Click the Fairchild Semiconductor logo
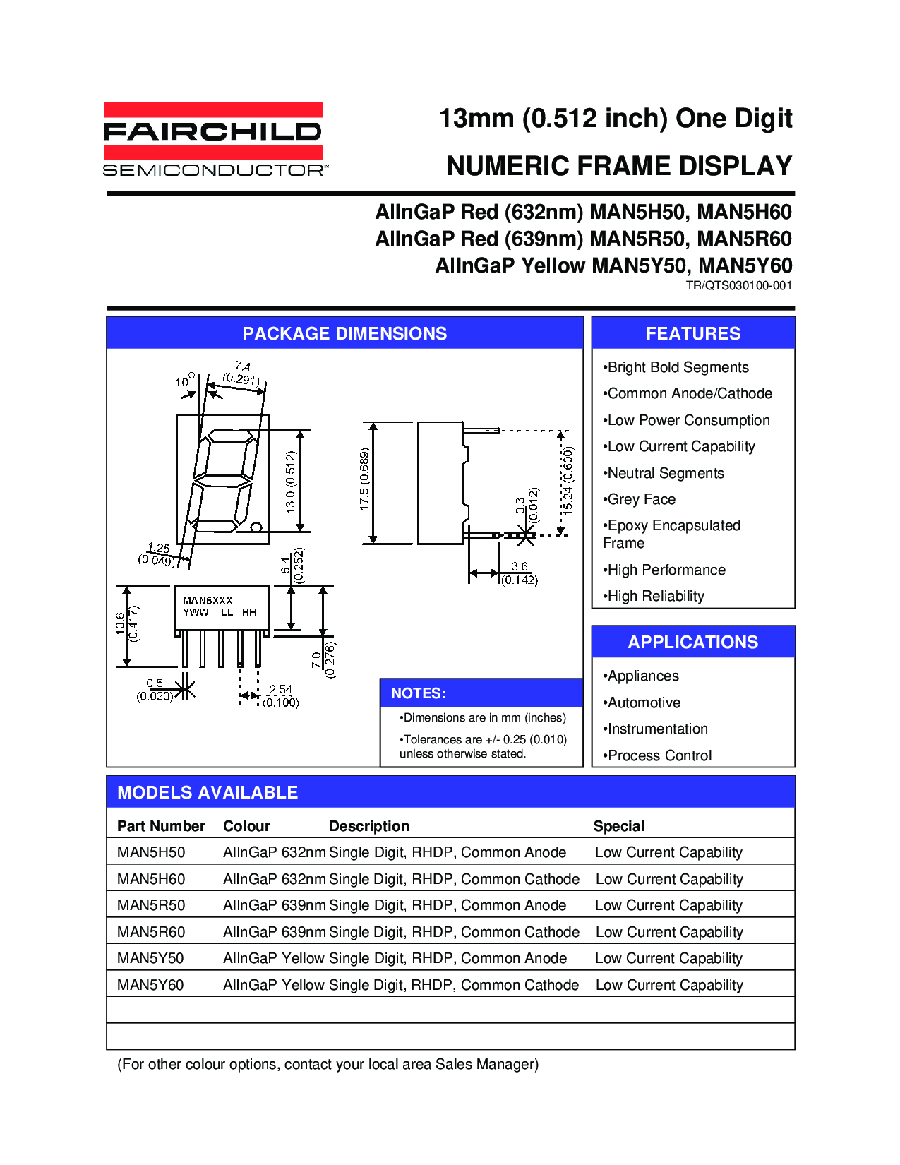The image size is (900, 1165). click(215, 140)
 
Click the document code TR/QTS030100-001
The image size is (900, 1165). click(738, 286)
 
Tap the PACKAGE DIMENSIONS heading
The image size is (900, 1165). click(344, 333)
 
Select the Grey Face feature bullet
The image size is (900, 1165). click(641, 499)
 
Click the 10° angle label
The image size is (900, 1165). click(184, 381)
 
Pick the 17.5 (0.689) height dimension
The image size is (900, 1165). click(364, 479)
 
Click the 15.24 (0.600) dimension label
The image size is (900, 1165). click(568, 481)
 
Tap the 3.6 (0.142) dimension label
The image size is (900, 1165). click(520, 573)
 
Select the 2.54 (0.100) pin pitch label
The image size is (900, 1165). click(281, 696)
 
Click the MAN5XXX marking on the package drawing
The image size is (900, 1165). click(208, 600)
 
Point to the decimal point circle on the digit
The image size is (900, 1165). click(257, 527)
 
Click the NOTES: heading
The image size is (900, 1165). click(419, 693)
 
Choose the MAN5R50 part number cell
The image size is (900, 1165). click(151, 905)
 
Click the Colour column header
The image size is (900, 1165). click(246, 826)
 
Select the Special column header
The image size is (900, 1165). click(619, 826)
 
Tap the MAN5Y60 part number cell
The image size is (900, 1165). click(150, 985)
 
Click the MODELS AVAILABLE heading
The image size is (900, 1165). click(208, 792)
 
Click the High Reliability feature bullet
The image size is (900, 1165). click(655, 596)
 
